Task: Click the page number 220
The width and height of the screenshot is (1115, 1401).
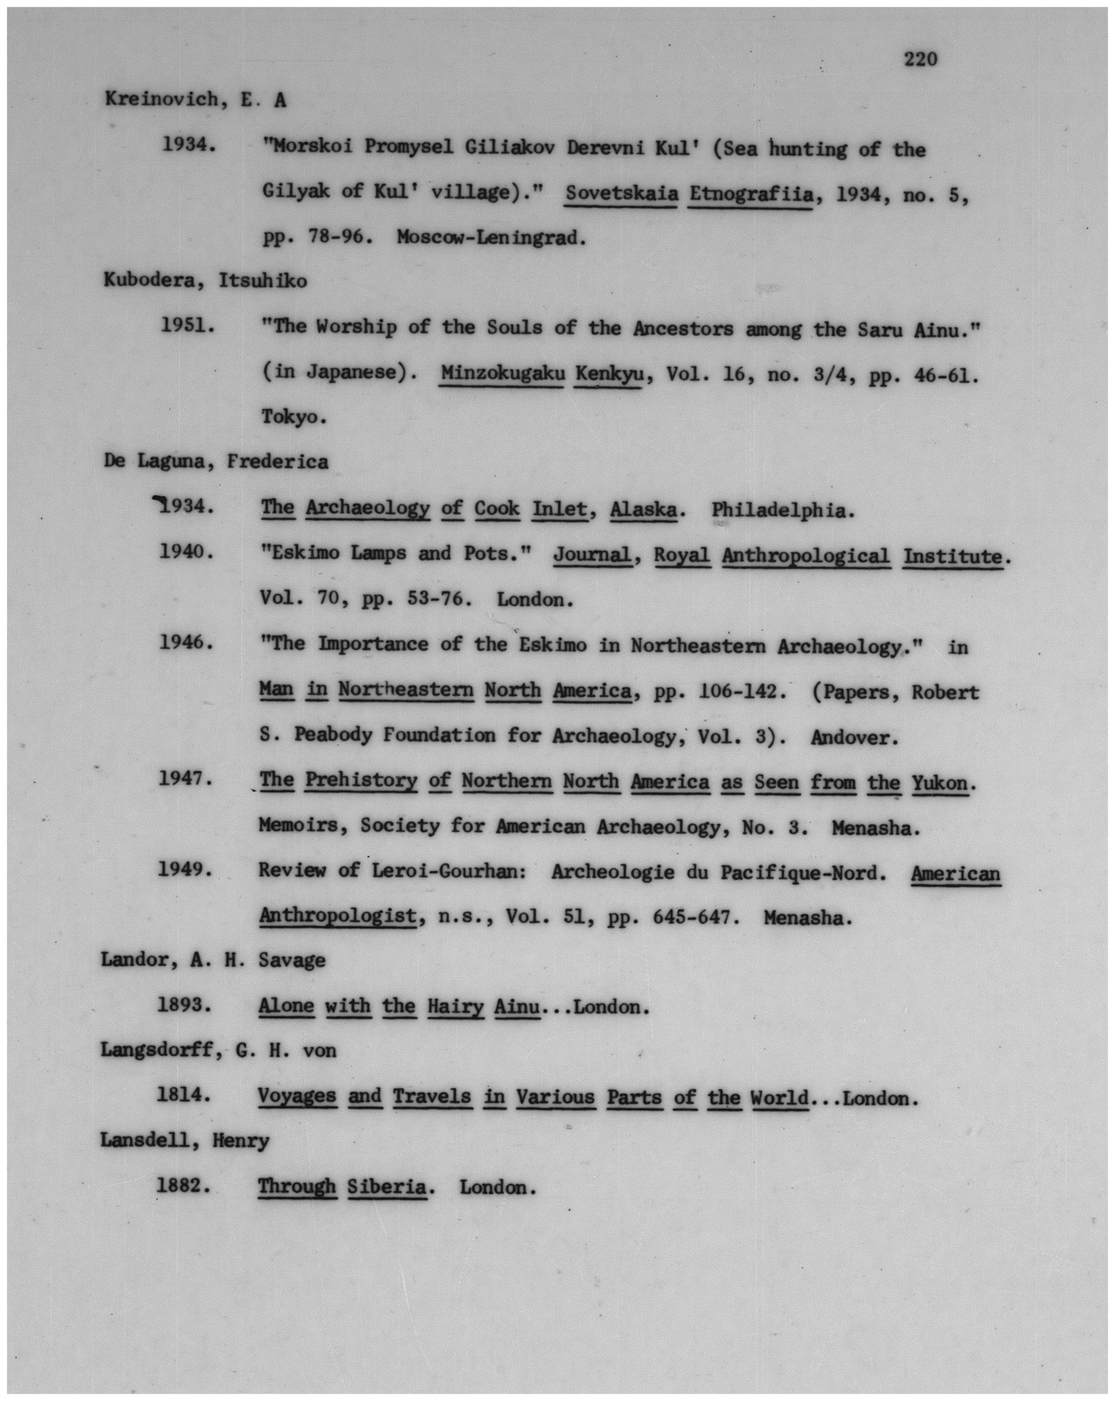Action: point(920,60)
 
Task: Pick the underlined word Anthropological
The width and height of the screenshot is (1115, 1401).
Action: point(806,556)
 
